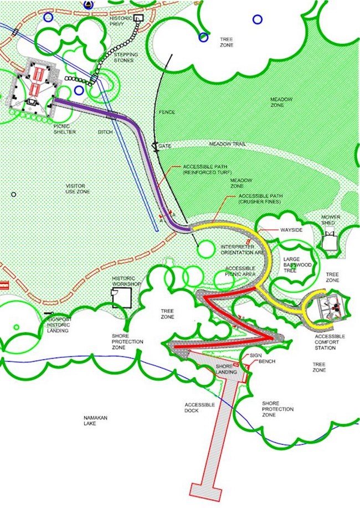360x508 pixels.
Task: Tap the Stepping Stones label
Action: tap(126, 58)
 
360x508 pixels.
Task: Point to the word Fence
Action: tap(167, 112)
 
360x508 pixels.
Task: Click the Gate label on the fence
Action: tap(165, 146)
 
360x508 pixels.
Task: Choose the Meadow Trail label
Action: tap(227, 144)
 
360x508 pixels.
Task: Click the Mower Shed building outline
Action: tap(331, 241)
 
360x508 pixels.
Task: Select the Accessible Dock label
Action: tap(199, 408)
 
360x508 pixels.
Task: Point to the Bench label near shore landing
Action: tap(267, 362)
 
